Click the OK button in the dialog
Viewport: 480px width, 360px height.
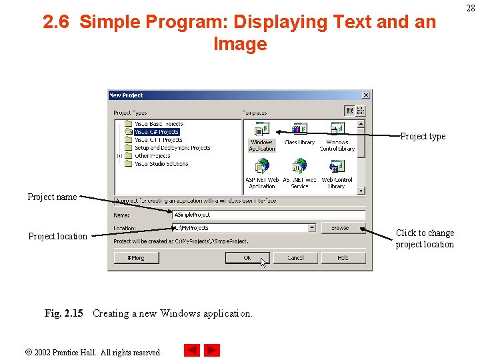(247, 257)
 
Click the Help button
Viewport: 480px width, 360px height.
(343, 257)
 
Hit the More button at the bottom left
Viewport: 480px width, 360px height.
(137, 257)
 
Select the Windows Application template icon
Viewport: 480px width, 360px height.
(261, 129)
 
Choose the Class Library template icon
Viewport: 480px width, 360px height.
(299, 129)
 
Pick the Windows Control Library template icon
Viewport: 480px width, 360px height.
(337, 129)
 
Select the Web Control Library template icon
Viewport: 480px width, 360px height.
(337, 167)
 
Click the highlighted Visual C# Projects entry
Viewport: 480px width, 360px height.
(157, 132)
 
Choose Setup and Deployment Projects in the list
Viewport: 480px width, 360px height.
(172, 148)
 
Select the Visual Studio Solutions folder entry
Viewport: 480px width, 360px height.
(161, 164)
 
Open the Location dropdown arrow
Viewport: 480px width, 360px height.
(312, 228)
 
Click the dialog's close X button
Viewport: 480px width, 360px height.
(365, 95)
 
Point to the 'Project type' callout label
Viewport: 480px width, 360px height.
(423, 137)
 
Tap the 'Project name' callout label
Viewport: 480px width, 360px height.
(52, 197)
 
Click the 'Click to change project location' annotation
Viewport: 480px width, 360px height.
(425, 239)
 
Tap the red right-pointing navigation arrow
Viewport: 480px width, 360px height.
(212, 350)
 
